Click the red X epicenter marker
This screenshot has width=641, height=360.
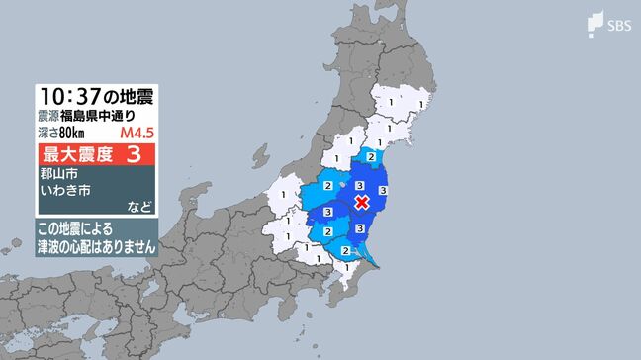click(x=362, y=202)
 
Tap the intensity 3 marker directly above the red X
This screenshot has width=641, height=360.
click(x=361, y=185)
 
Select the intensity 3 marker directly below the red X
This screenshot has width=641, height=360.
click(x=360, y=228)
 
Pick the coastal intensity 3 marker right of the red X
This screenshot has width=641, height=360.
click(x=383, y=188)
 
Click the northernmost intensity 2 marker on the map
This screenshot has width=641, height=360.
click(x=370, y=156)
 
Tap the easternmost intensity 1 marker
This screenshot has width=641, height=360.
click(x=422, y=102)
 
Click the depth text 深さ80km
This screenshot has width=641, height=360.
click(x=60, y=134)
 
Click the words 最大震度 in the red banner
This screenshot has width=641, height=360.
click(x=76, y=155)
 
